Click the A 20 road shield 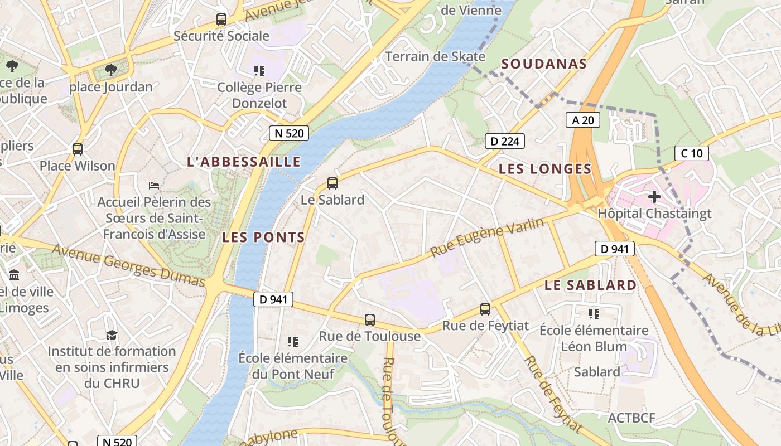(x=583, y=119)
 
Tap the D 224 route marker (x=504, y=141)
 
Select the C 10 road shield (x=691, y=153)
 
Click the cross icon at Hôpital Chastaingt (x=654, y=196)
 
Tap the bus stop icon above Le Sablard (x=332, y=183)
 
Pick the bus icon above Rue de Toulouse (x=369, y=320)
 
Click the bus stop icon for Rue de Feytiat (x=485, y=309)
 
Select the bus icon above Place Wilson (x=78, y=149)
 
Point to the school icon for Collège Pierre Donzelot (x=259, y=71)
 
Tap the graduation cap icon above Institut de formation (x=112, y=335)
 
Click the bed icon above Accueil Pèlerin (x=154, y=185)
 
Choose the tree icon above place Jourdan (x=111, y=70)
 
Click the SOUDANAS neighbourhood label (x=544, y=64)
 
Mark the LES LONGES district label (x=544, y=169)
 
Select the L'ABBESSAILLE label (x=244, y=162)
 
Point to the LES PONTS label (x=263, y=237)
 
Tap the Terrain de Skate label (x=435, y=56)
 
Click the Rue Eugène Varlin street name (x=486, y=237)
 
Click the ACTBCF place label (x=631, y=418)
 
